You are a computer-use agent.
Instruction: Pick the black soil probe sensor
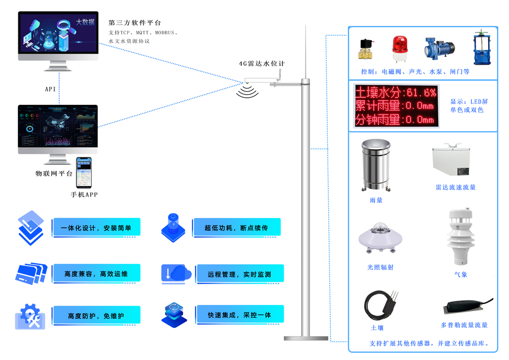coord(381,304)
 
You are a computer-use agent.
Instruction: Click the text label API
coord(50,89)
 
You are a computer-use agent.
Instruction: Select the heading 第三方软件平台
coord(134,23)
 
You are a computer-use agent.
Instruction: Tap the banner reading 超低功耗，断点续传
coord(236,228)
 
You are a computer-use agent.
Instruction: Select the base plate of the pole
coord(306,338)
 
